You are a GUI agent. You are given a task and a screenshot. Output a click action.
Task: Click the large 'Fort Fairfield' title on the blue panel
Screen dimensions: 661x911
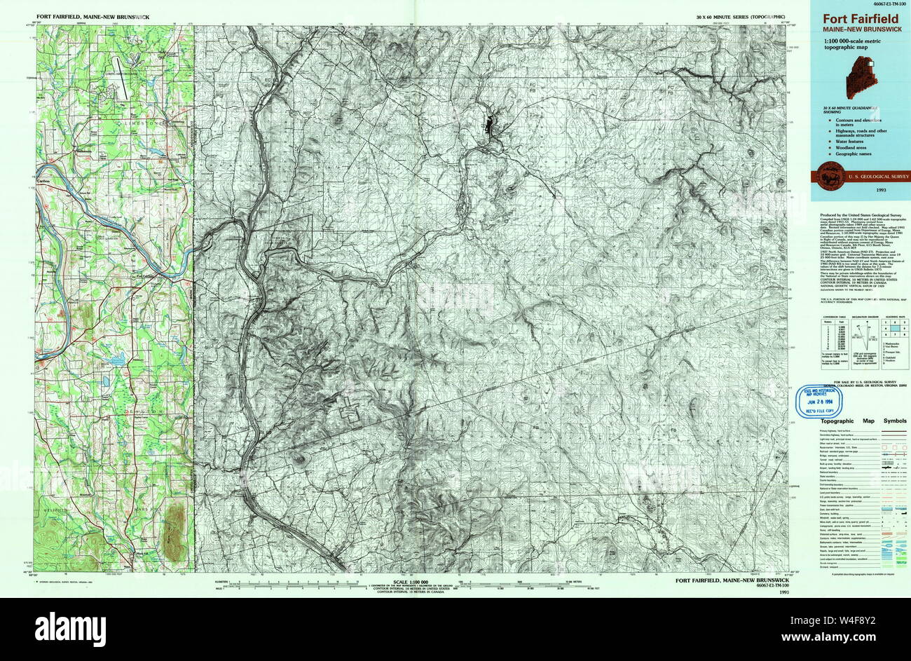point(861,20)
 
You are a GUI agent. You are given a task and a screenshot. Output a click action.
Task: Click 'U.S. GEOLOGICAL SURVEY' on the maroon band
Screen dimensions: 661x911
point(877,177)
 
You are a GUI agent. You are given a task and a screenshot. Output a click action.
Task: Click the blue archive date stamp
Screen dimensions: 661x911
point(826,402)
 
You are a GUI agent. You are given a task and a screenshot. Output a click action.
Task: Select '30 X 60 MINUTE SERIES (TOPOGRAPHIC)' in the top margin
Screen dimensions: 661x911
point(743,15)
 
